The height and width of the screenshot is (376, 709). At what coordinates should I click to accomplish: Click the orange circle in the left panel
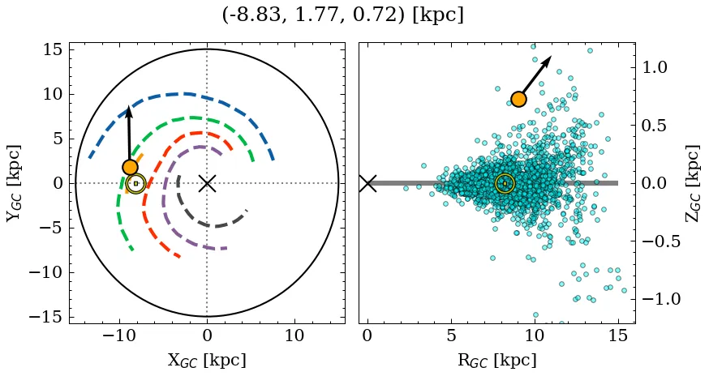(130, 167)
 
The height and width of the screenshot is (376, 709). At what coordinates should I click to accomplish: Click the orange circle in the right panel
(518, 99)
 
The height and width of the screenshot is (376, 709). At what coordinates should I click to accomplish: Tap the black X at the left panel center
(207, 183)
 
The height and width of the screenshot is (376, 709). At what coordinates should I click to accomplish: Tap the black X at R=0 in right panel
(367, 183)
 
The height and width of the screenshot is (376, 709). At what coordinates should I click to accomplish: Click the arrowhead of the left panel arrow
(128, 112)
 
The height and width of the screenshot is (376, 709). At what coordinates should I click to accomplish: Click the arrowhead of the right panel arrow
(548, 60)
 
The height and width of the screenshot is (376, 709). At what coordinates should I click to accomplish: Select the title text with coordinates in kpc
(342, 15)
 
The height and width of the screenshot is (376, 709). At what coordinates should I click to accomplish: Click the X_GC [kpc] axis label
(207, 360)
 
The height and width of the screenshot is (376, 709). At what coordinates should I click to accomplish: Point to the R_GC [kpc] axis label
(496, 360)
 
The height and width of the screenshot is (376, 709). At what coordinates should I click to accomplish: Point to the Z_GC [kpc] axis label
(691, 183)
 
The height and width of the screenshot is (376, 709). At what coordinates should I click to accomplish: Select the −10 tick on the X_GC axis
(120, 335)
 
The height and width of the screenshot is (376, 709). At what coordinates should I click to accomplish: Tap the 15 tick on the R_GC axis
(618, 335)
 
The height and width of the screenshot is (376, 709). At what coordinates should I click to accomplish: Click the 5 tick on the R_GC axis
(451, 335)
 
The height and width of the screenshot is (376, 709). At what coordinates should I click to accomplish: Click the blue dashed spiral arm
(187, 94)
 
